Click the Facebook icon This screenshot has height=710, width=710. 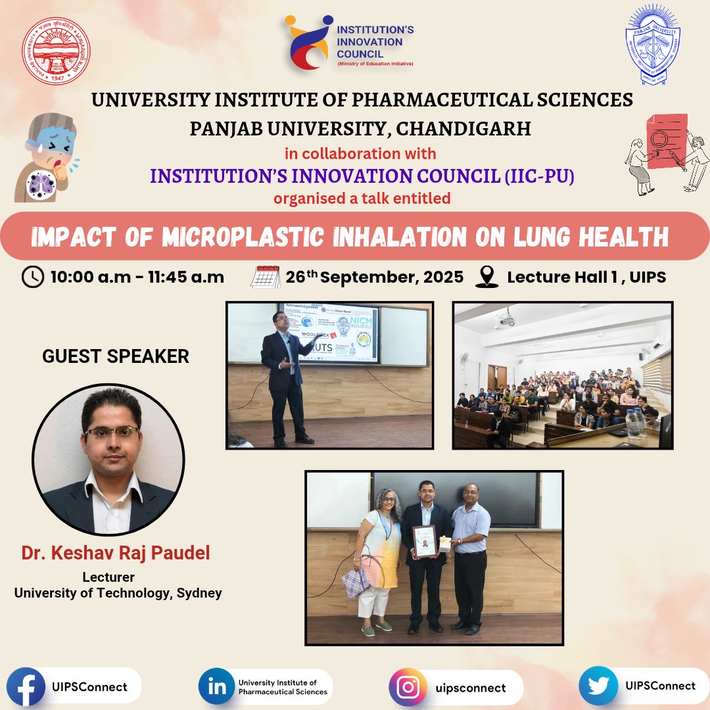click(x=25, y=687)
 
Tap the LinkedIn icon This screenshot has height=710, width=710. click(x=217, y=687)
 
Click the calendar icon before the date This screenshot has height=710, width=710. click(x=265, y=277)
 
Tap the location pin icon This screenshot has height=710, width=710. click(x=486, y=277)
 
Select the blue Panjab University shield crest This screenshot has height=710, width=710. click(x=653, y=45)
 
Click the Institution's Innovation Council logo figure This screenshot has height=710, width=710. click(x=308, y=43)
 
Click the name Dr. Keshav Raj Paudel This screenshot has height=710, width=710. click(x=116, y=554)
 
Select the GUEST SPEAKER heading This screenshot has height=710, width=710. click(x=116, y=356)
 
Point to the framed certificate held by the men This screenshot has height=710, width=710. click(x=425, y=541)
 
